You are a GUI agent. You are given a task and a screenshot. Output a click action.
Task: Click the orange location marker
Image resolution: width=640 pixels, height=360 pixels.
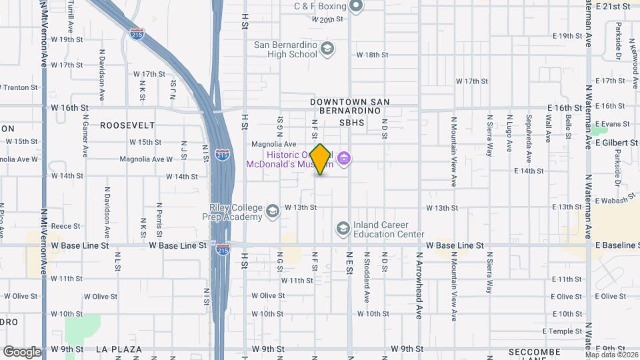pos(321,159)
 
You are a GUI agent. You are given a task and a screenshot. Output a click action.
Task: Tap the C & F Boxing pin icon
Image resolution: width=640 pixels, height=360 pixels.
pos(356,7)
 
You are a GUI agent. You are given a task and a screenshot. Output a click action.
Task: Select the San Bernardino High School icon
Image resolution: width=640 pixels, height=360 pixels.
pos(327,48)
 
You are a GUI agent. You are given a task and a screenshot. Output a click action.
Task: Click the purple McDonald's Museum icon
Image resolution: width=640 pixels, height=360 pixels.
pos(344,158)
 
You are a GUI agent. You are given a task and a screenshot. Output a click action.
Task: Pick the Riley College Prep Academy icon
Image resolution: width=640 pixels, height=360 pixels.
pos(272,212)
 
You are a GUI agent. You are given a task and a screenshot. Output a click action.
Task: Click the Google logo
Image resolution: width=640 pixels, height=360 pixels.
pos(21,351)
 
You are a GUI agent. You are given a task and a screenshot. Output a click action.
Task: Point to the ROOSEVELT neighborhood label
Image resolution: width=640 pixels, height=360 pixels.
pos(127,125)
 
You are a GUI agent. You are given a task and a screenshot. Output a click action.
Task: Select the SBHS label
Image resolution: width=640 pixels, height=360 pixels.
pos(352,123)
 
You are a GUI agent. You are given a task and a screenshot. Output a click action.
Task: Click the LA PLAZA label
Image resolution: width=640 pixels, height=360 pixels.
pos(119,349)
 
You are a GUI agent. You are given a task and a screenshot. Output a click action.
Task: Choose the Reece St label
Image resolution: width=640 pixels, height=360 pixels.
pos(66,227)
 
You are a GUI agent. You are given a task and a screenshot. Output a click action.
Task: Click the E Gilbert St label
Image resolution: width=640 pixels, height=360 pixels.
pos(616,143)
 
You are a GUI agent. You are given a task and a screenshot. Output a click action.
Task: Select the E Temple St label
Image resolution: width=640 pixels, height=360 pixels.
pos(563,331)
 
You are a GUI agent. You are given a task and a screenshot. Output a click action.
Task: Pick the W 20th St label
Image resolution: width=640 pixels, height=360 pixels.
pos(327,20)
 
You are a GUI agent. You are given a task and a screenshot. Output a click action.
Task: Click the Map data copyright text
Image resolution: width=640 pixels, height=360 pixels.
pos(611,354)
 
